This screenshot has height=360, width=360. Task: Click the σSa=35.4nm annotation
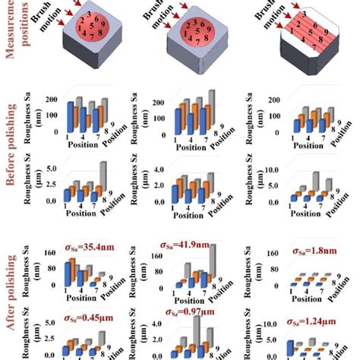point(75,246)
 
